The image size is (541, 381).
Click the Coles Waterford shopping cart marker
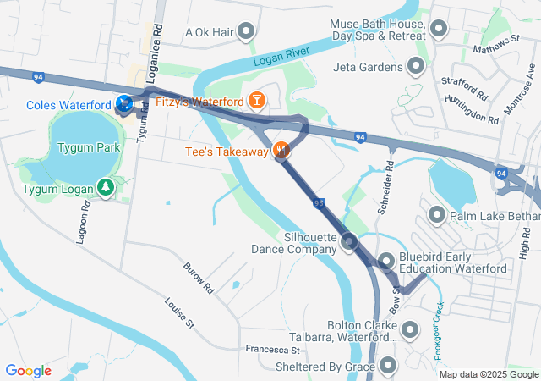tap(124, 104)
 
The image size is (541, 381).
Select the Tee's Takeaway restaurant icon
tap(282, 152)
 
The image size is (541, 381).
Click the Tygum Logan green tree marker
tap(106, 186)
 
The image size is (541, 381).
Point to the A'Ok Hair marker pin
tap(246, 32)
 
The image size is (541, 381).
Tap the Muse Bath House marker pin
tap(438, 30)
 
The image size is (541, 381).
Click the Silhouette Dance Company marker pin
tap(350, 244)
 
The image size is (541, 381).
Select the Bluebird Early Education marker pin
tap(385, 262)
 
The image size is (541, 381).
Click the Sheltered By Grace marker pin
tap(388, 366)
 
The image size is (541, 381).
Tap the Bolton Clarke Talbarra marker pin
tap(410, 329)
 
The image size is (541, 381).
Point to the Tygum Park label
tap(89, 147)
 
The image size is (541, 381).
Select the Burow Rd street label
tap(199, 278)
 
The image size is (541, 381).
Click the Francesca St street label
tap(273, 349)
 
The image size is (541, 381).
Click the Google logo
tap(28, 370)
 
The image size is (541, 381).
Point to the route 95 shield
tap(318, 203)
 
